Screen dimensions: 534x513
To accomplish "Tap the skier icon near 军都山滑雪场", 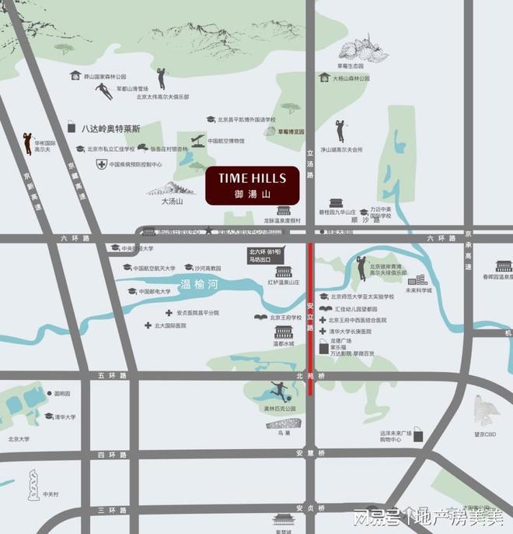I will (103, 91).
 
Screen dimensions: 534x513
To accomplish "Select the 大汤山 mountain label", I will (171, 201).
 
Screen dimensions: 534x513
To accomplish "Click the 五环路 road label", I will (111, 376).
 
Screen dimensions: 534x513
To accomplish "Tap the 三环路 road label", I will (111, 510).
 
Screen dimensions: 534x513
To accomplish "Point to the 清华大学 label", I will (65, 417).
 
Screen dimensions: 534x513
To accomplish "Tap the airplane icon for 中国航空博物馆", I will (196, 141).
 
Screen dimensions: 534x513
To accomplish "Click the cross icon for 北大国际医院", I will (147, 325).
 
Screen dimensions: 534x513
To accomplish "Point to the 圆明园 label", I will (62, 394).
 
